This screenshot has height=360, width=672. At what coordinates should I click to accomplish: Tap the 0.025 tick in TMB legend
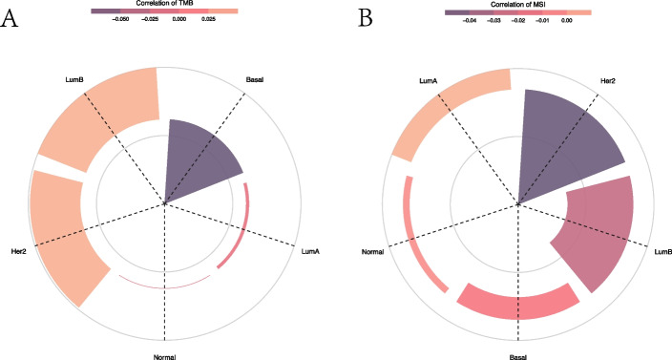[x=208, y=18]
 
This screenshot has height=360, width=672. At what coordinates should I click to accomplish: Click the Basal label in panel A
[x=255, y=79]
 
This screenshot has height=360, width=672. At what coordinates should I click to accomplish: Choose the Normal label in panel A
[x=164, y=355]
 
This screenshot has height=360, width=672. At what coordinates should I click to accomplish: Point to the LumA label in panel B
[x=427, y=83]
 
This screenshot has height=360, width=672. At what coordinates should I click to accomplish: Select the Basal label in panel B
[x=518, y=355]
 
